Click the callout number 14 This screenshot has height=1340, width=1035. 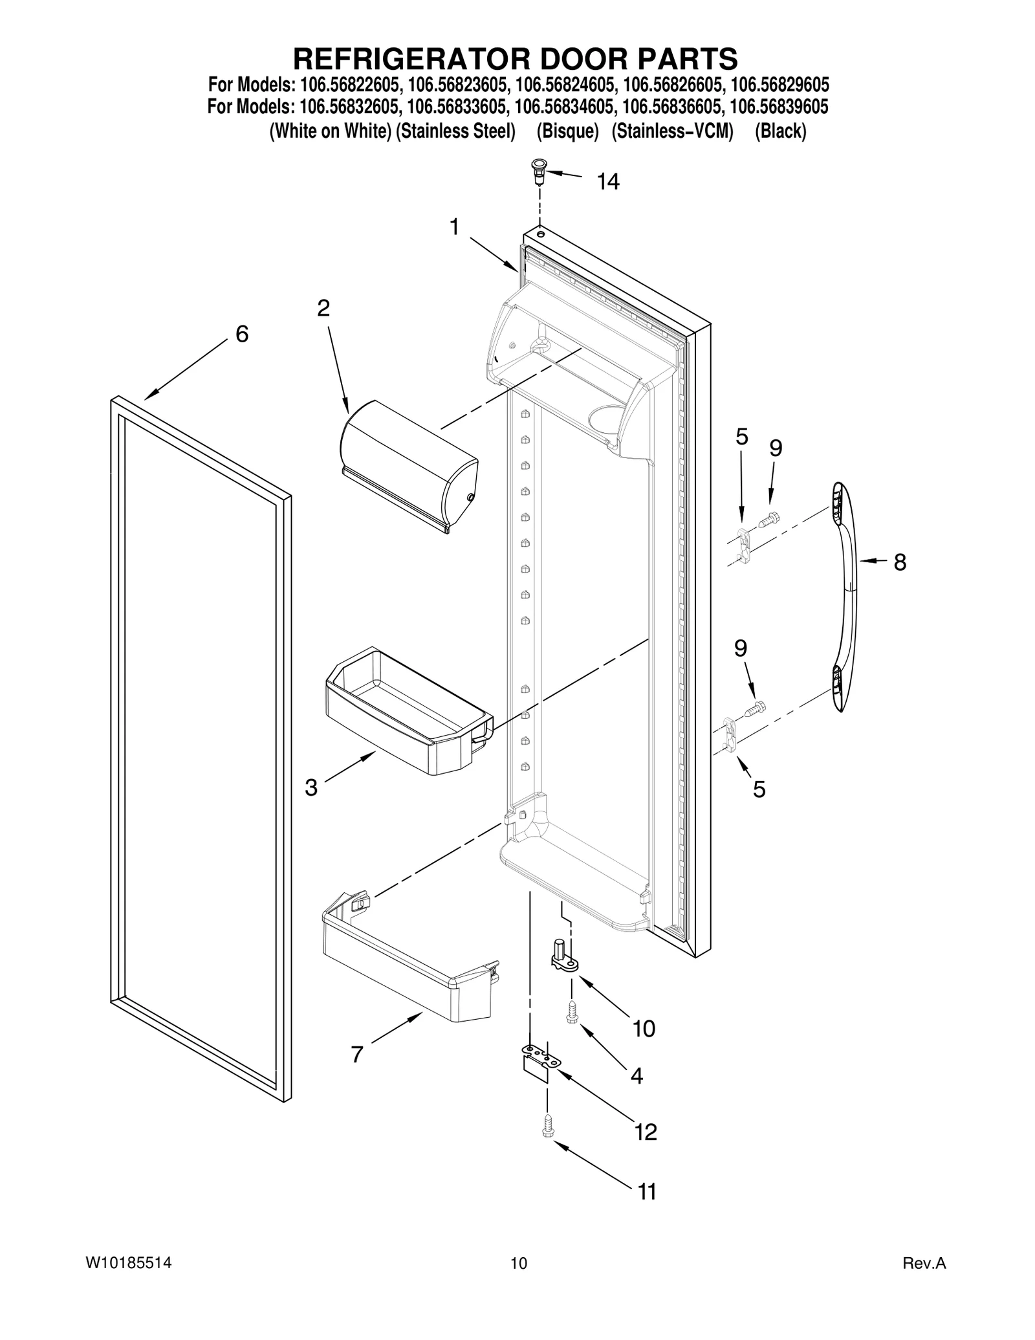click(607, 182)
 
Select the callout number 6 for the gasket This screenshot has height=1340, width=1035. click(241, 334)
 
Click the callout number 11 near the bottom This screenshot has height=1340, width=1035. click(647, 1191)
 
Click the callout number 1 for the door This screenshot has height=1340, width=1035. click(455, 227)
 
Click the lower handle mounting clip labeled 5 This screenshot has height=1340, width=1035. click(730, 734)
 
